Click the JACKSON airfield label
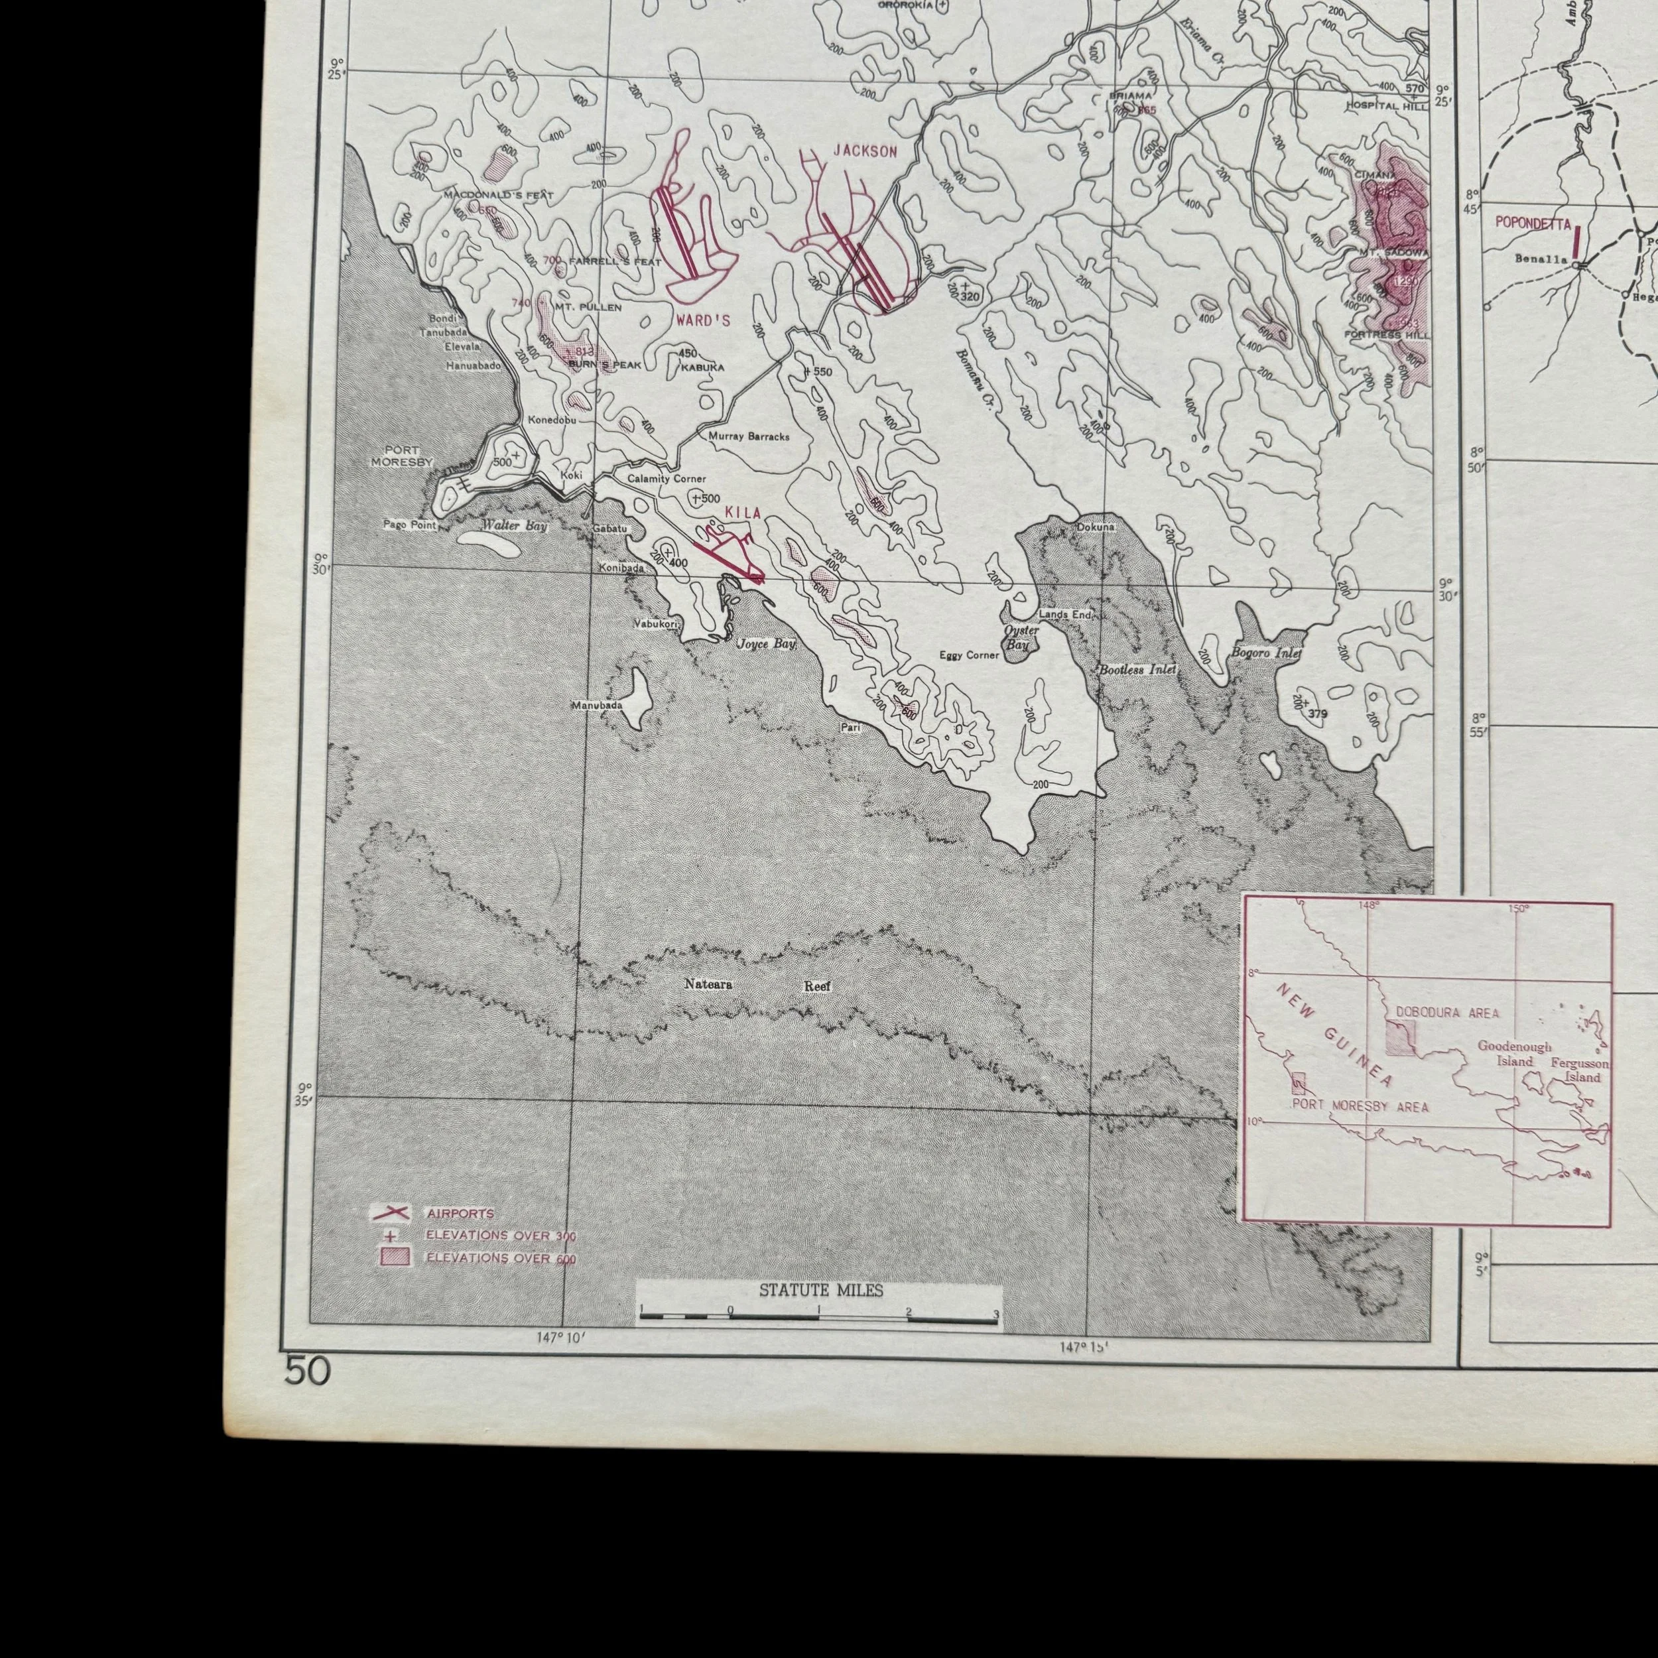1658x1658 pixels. [865, 152]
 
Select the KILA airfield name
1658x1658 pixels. [743, 513]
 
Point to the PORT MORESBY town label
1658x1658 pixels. [402, 456]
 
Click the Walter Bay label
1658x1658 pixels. [513, 525]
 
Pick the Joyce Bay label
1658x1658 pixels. [767, 643]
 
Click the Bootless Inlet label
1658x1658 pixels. [1137, 669]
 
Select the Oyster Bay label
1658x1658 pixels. [1021, 637]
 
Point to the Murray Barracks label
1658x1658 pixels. [748, 436]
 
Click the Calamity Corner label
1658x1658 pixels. [666, 479]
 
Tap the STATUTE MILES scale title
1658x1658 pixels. [820, 1290]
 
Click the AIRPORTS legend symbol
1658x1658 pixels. [391, 1212]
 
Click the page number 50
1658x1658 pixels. [307, 1371]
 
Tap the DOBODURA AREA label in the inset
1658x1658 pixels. [1447, 1012]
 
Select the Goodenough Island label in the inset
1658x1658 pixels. [1514, 1054]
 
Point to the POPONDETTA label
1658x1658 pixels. [1533, 223]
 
